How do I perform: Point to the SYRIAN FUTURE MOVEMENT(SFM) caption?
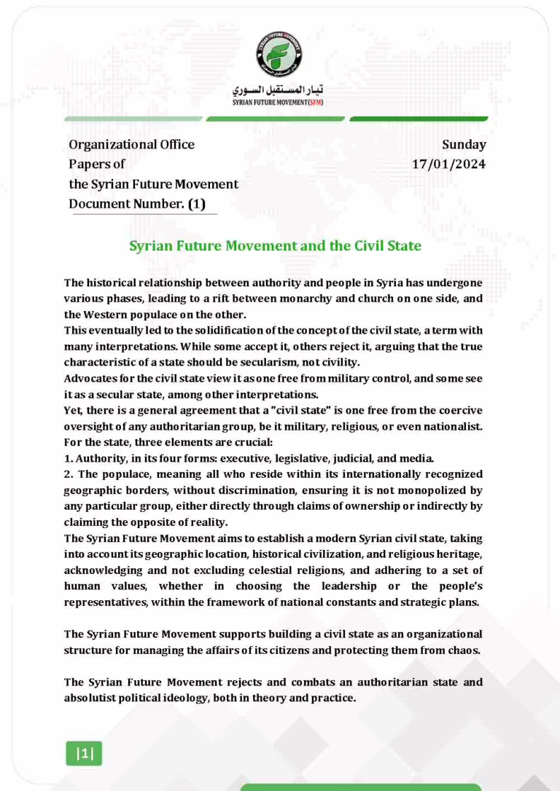[x=279, y=103]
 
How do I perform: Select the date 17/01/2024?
[x=449, y=164]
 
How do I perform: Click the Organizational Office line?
[x=131, y=144]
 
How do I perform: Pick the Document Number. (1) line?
[x=136, y=204]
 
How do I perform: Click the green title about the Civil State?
[x=275, y=245]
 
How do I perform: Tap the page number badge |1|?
[x=85, y=754]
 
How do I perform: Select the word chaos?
[x=464, y=650]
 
